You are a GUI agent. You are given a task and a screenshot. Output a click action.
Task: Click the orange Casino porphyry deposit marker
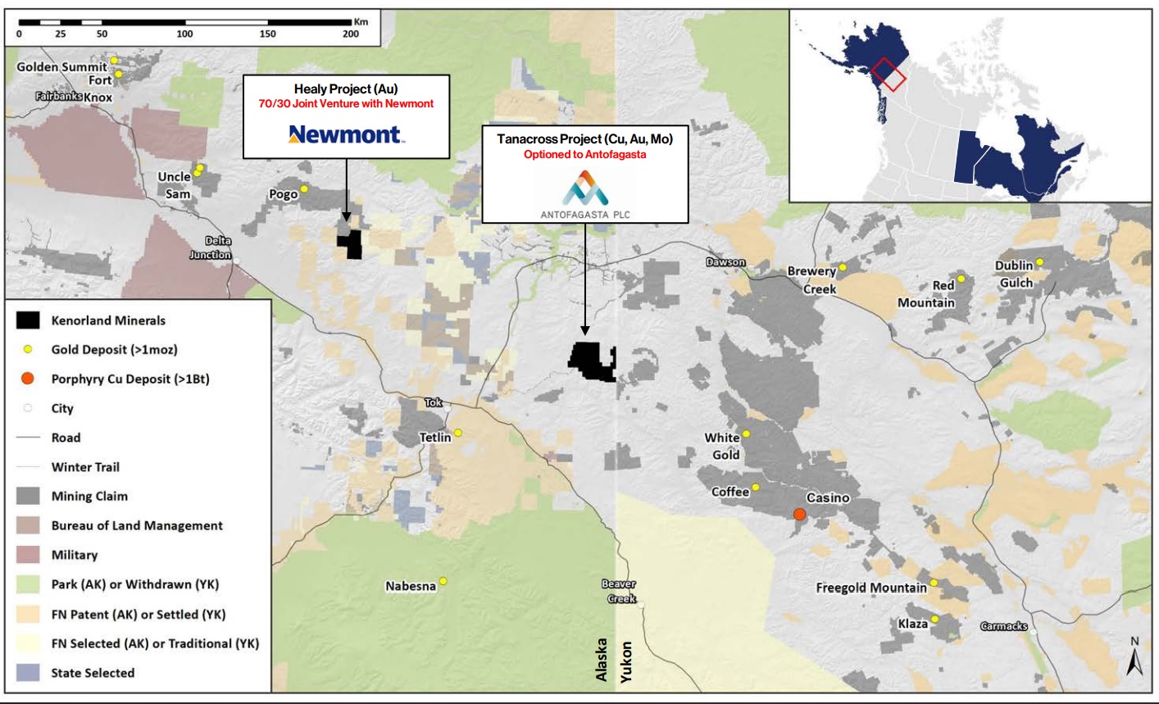[799, 514]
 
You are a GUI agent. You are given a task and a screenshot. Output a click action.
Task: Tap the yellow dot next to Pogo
[304, 189]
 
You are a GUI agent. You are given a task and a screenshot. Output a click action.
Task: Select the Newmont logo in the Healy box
[345, 134]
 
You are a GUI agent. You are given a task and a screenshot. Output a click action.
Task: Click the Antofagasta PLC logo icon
[585, 188]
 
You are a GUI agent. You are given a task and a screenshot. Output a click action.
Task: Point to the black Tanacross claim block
[592, 361]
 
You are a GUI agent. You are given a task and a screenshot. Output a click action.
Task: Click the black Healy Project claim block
[352, 243]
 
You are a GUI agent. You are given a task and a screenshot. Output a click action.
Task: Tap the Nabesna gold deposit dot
[443, 581]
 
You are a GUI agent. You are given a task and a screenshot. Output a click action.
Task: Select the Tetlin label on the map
[435, 438]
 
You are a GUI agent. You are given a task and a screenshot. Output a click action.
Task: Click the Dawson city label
[725, 262]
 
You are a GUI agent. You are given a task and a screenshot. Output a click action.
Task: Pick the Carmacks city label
[1003, 626]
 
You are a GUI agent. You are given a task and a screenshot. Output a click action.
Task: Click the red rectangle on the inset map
[889, 75]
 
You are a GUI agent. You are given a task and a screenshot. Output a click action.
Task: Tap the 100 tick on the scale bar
[185, 34]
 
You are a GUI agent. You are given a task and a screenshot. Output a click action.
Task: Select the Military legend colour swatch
[27, 555]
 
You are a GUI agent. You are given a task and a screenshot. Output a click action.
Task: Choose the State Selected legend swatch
[27, 673]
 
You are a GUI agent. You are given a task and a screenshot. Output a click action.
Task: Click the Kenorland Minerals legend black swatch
[27, 320]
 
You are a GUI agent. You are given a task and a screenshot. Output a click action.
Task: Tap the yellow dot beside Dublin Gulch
[1039, 262]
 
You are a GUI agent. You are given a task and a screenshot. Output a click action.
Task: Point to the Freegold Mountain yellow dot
[934, 583]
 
